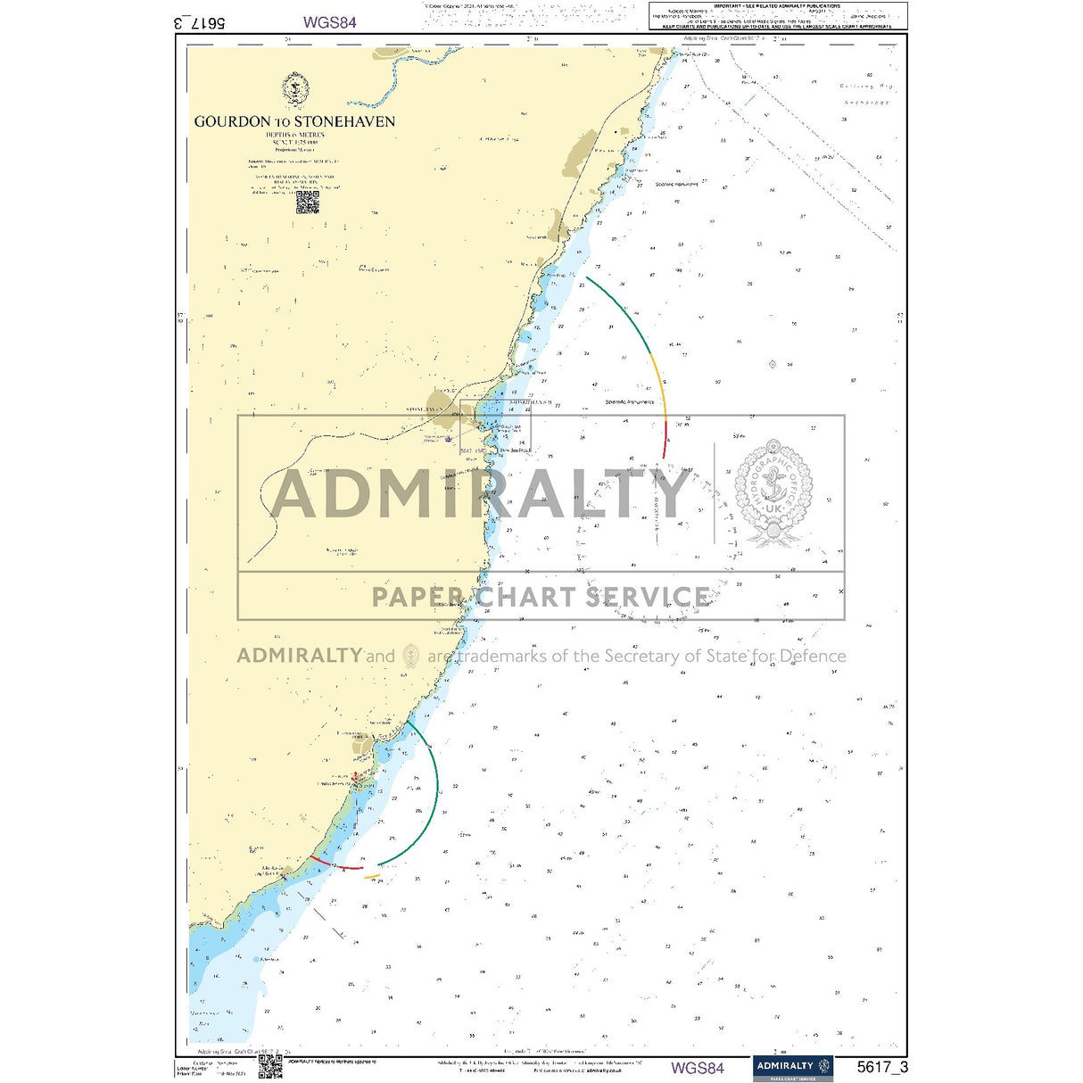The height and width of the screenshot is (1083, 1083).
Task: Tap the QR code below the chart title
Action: [x=308, y=203]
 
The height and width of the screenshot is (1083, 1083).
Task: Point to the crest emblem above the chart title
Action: [x=295, y=89]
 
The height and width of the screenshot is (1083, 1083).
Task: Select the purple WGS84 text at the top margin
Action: [x=329, y=22]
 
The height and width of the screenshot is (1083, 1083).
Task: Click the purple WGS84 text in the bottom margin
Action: [x=698, y=1067]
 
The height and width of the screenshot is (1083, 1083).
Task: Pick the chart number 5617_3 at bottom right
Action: [x=882, y=1067]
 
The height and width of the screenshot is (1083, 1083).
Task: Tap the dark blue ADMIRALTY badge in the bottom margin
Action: [x=793, y=1067]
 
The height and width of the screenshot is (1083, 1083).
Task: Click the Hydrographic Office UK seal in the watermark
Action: [x=773, y=492]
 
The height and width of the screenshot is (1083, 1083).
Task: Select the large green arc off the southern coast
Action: [x=428, y=803]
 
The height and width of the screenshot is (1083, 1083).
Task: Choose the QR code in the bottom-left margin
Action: [x=270, y=1066]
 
